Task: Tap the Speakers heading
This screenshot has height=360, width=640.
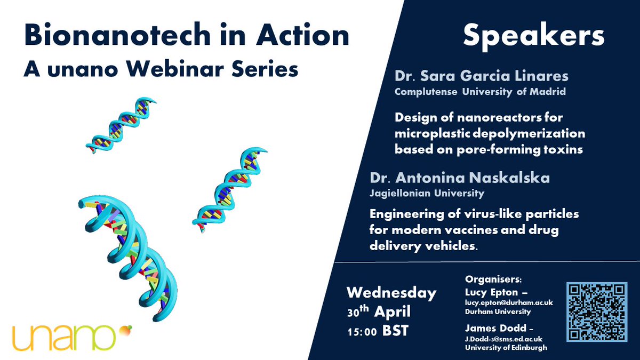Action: point(533,36)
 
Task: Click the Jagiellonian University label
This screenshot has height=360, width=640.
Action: point(439,193)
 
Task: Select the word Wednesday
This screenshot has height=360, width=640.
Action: point(391,293)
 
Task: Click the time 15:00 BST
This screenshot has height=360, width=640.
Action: point(377,331)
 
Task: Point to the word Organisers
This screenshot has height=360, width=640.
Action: point(487,279)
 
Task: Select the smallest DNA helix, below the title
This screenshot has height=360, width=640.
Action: point(122,125)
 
